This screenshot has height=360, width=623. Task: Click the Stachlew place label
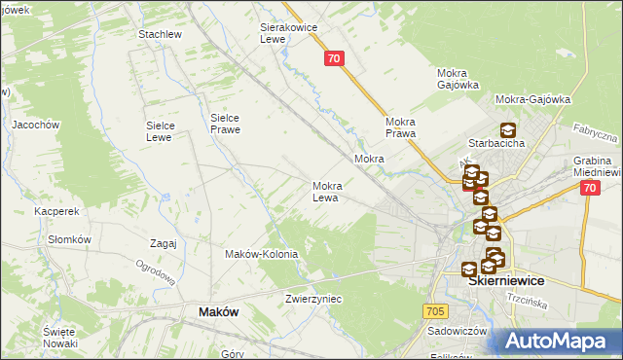point(161,34)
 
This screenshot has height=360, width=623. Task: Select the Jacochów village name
point(36,125)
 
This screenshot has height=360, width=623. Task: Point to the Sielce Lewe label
point(159,130)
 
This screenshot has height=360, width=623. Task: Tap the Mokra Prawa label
point(400,127)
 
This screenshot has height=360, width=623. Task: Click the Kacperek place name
point(55,210)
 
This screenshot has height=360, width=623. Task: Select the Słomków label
point(69,239)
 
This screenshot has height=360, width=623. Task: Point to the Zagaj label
point(164,243)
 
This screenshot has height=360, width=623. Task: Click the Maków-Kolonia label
point(261,254)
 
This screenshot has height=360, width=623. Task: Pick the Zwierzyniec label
point(313,299)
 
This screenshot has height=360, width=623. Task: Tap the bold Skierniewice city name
point(505,280)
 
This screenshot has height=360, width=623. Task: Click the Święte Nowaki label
point(59,338)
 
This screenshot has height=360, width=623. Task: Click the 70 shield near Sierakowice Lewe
point(334,59)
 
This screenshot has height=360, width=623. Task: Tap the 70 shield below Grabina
point(589,190)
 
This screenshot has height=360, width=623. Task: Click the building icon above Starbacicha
point(507,130)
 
